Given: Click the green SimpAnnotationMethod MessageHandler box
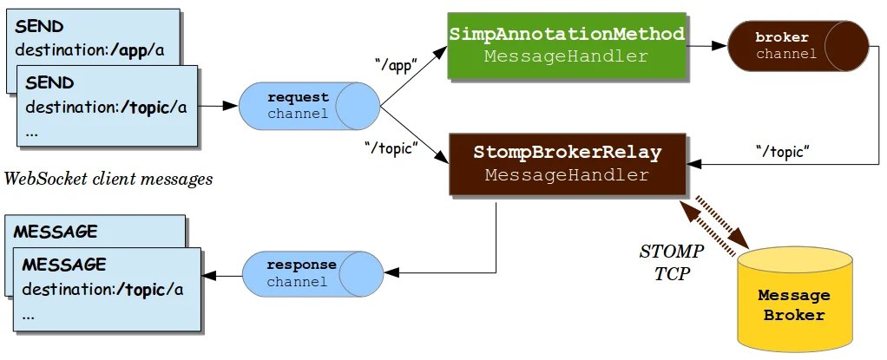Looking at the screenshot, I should coord(567,45).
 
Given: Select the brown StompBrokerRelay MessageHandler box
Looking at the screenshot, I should coord(567,164).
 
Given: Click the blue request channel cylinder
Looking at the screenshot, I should coord(308,106).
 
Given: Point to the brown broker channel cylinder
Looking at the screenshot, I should coord(797,46).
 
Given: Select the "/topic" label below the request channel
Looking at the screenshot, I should coord(391,148).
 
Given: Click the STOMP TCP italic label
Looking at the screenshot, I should coord(671,261).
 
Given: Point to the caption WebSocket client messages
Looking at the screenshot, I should coord(108,180).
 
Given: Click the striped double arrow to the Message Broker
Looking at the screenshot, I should coord(717,227).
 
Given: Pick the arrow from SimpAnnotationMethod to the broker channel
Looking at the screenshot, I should coord(708,46).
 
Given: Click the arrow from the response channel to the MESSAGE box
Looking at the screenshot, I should coord(222,276).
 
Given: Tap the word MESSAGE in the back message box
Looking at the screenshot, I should coord(56,232).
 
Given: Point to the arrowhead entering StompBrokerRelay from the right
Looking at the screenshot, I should coord(694,163).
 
